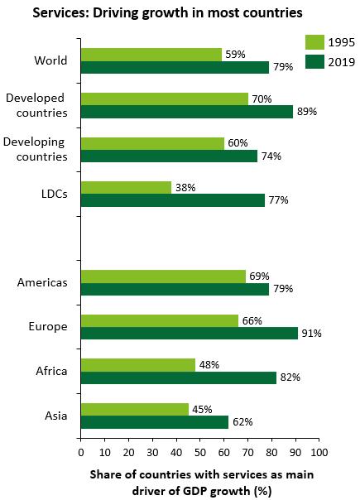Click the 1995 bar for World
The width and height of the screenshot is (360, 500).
[x=151, y=55]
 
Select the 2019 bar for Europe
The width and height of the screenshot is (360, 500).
[x=190, y=333]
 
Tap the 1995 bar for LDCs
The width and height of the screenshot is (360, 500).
[x=127, y=187]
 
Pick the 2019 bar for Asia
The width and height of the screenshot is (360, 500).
[x=155, y=422]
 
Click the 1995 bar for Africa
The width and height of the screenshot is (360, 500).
[x=138, y=365]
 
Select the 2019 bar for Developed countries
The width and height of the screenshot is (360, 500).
[x=187, y=112]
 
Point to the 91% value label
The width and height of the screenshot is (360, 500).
[x=311, y=334]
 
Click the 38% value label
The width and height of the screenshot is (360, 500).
[x=185, y=187]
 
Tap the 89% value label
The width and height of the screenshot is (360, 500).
[x=307, y=112]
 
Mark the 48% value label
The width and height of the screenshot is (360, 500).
[x=209, y=365]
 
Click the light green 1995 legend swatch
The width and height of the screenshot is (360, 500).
[x=314, y=42]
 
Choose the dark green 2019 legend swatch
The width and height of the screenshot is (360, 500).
[x=314, y=61]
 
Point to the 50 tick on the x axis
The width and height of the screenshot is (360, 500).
[x=200, y=452]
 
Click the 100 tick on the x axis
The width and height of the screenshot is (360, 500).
[x=319, y=452]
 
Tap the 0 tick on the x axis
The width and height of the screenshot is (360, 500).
[x=81, y=452]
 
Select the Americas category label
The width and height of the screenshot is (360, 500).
[x=42, y=282]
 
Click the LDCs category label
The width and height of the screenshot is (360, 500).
[x=55, y=194]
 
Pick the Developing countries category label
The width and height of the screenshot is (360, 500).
[x=35, y=149]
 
